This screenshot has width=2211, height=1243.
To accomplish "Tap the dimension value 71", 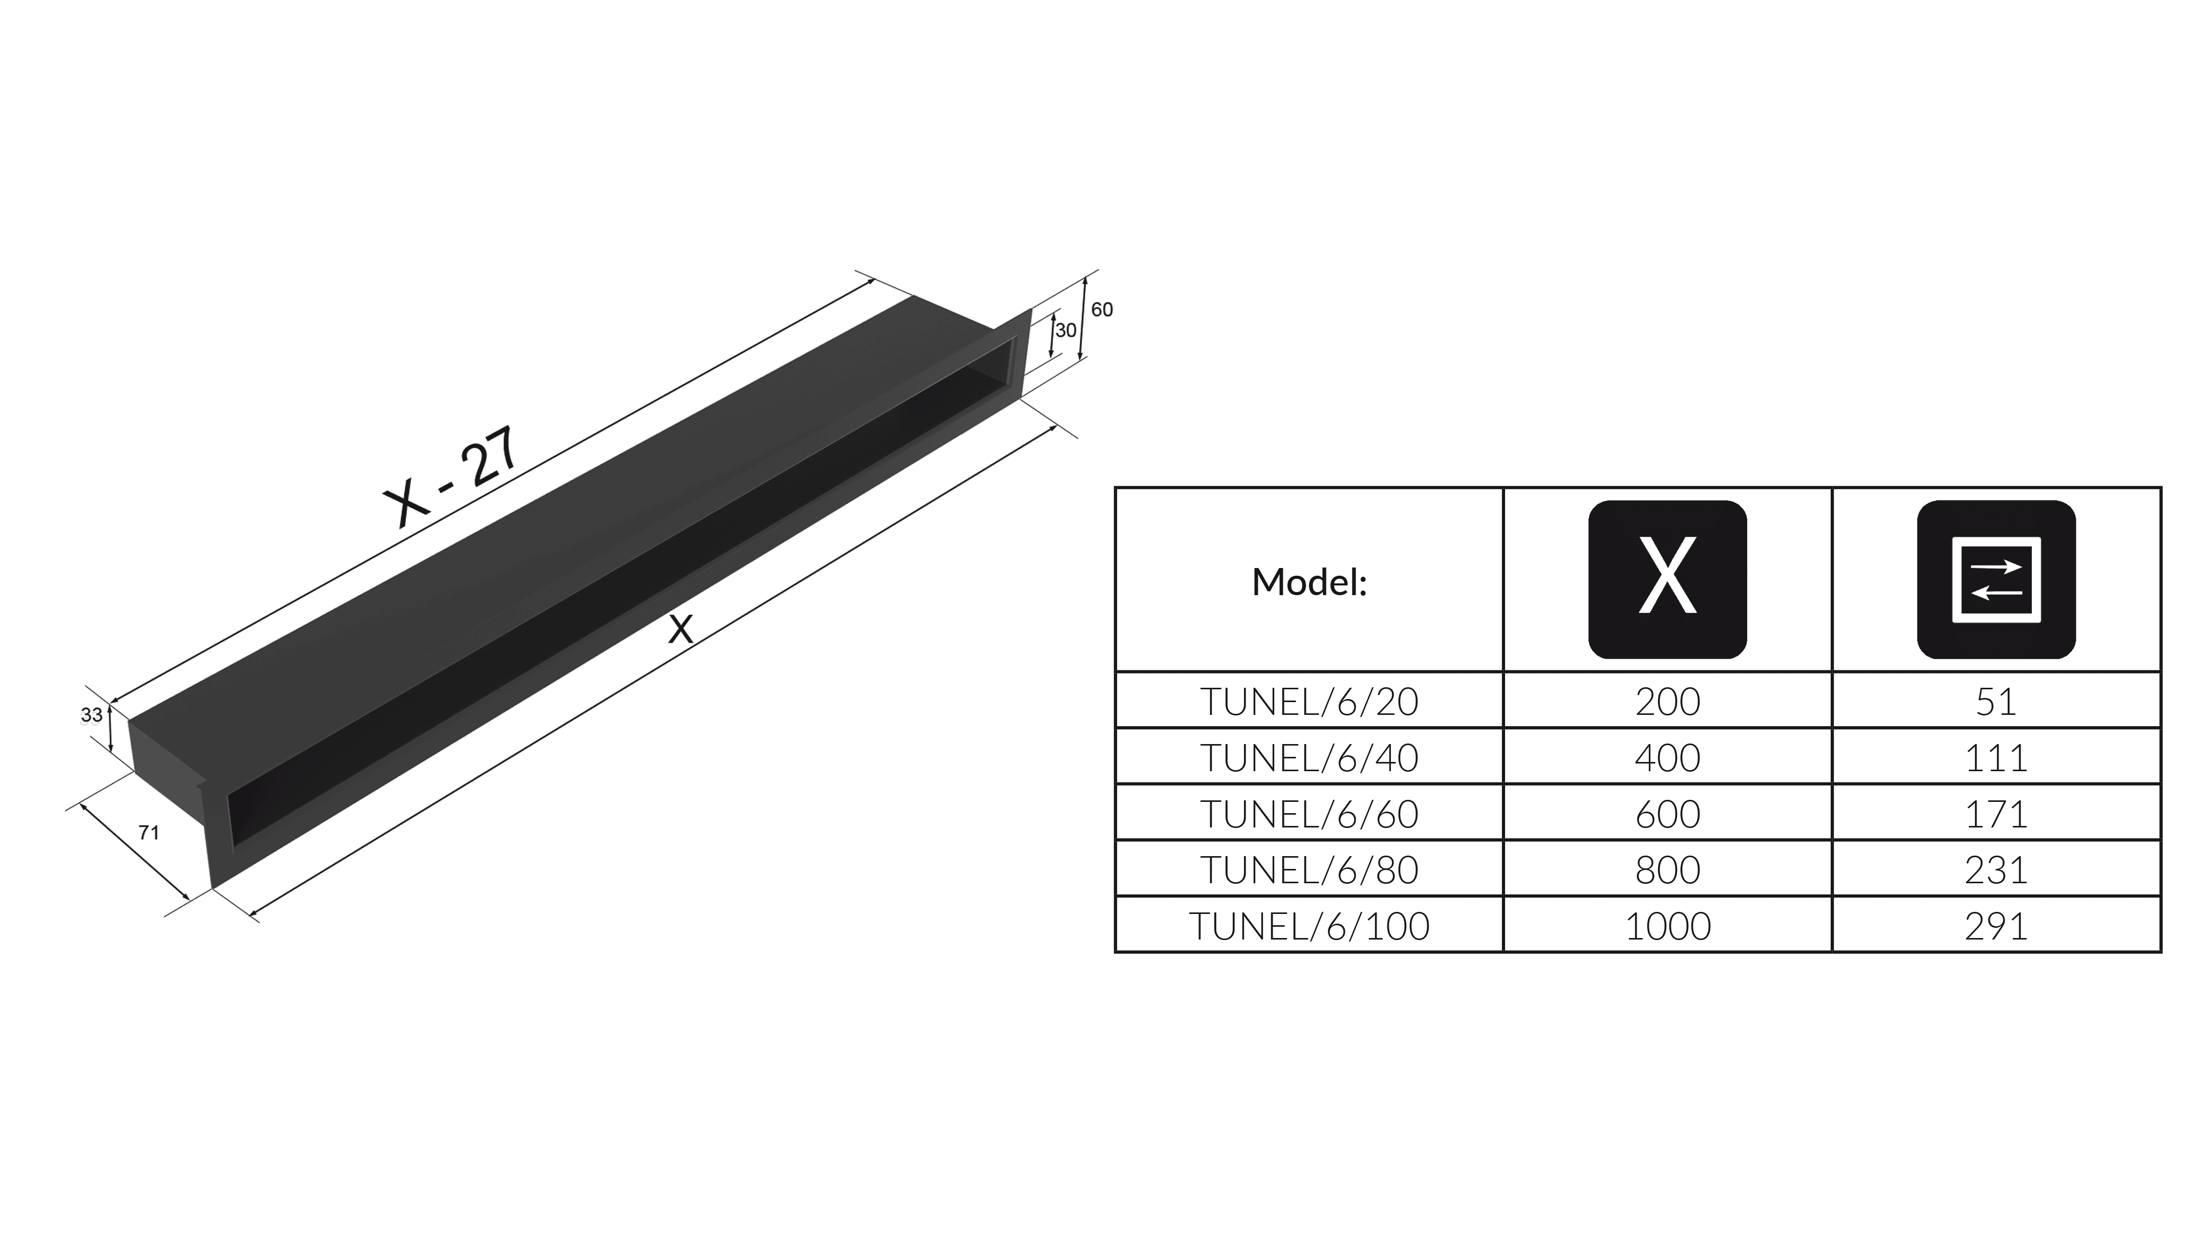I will pos(148,832).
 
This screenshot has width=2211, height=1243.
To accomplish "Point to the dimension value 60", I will pos(1102,310).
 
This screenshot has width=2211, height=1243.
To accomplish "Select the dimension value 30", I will pos(1066,330).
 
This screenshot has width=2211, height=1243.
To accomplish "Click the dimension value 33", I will pos(92,715).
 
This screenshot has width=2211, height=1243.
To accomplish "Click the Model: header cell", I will pos(1309,582).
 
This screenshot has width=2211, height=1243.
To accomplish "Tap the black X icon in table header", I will pos(1667,579).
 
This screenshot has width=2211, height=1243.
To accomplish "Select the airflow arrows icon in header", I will pos(1997,579).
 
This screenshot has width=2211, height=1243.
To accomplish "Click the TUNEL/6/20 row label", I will pos(1309,702).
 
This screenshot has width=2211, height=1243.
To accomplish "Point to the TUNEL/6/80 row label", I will pos(1309,870).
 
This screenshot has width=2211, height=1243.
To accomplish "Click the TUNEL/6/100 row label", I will pos(1309,926).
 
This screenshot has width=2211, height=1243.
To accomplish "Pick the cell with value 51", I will pos(1997,702).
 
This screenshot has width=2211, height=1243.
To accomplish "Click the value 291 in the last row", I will pos(1997,926).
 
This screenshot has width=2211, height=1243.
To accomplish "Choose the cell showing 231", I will pos(1997,870).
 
